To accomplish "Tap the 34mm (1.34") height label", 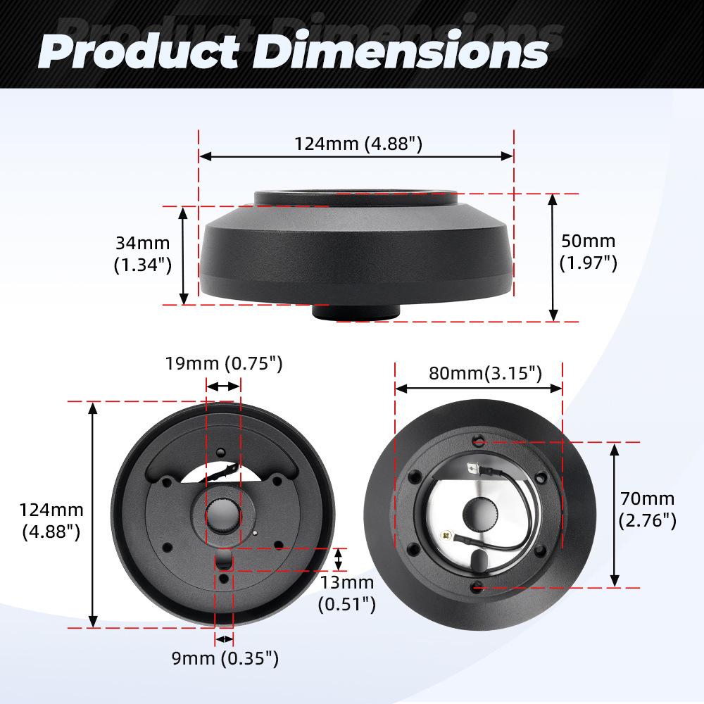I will point(142,254).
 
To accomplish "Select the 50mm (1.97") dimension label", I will point(589,251).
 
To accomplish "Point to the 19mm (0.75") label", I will point(224,363).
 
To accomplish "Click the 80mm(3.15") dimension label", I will point(486,372).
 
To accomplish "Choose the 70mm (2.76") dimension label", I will point(648,510).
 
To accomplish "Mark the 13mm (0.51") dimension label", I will point(346,593).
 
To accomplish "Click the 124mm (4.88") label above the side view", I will point(358,144).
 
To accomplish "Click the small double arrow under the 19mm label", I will point(223,386).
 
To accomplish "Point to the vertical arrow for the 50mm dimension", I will point(553,258).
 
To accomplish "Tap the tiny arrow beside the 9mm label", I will point(224,639).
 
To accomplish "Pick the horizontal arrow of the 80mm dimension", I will point(479,388).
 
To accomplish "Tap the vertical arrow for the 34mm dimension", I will point(184,255).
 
